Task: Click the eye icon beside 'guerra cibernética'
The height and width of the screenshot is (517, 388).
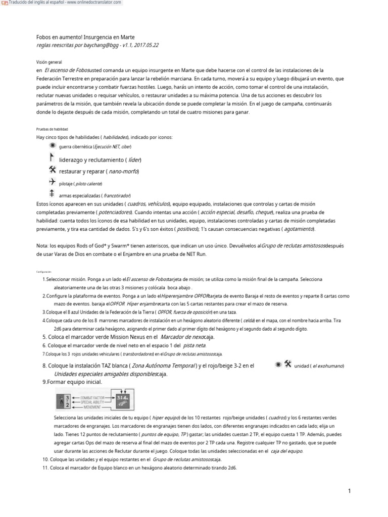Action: [53, 146]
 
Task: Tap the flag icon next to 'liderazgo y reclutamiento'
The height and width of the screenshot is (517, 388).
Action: [52, 158]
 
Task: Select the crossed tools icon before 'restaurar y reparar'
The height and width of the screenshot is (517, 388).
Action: [53, 170]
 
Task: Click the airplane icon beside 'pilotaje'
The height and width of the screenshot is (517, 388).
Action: [52, 182]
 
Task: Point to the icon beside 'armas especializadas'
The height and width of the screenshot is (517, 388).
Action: [52, 193]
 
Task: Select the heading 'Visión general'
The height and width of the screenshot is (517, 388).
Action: [48, 61]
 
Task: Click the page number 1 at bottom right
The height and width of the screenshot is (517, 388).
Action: [349, 491]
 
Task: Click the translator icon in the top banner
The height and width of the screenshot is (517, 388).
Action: [5, 3]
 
